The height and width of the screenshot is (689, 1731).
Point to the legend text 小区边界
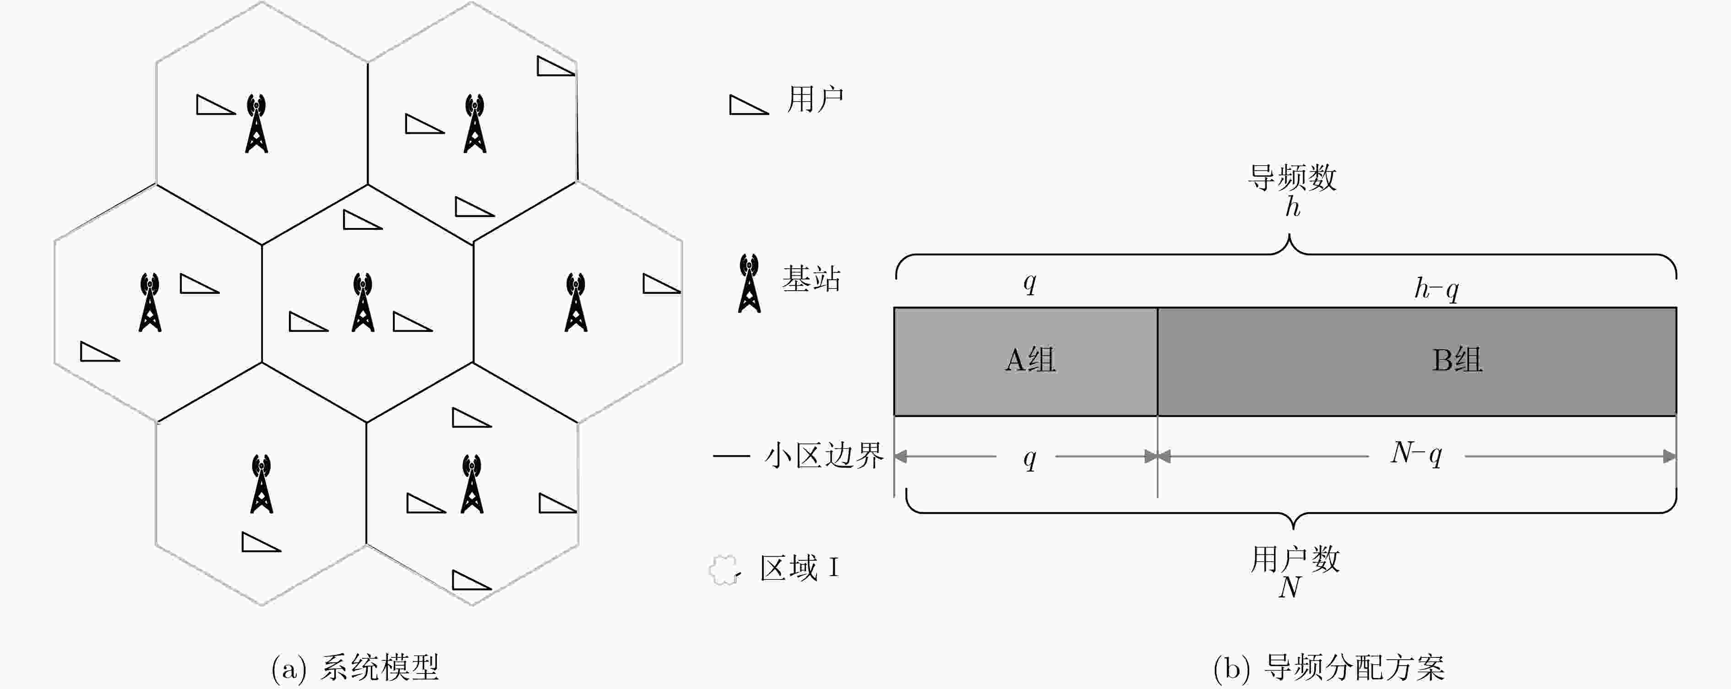pyautogui.click(x=824, y=456)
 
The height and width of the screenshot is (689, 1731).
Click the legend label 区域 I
pyautogui.click(x=800, y=568)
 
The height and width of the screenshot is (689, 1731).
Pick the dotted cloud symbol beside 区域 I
pyautogui.click(x=725, y=570)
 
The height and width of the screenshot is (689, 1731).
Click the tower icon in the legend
pyautogui.click(x=749, y=283)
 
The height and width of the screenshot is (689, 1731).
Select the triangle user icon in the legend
pyautogui.click(x=749, y=105)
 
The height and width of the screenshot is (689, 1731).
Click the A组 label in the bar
pyautogui.click(x=1030, y=360)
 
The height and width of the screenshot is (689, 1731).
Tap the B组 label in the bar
pyautogui.click(x=1457, y=360)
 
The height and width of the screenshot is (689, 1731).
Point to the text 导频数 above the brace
pyautogui.click(x=1292, y=178)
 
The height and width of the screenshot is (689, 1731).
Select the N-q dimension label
pyautogui.click(x=1416, y=455)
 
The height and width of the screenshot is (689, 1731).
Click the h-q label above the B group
pyautogui.click(x=1437, y=289)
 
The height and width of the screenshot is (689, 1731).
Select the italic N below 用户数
pyautogui.click(x=1290, y=588)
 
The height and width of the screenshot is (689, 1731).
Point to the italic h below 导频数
pyautogui.click(x=1293, y=207)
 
